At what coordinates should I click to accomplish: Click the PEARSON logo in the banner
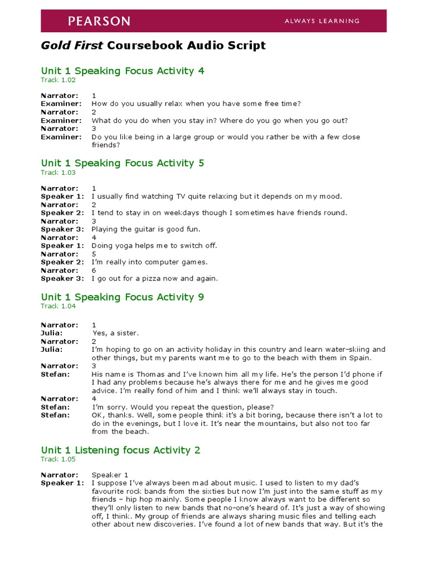(99, 21)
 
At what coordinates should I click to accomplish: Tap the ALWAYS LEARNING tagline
(322, 21)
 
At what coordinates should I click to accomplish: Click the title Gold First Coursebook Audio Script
(153, 46)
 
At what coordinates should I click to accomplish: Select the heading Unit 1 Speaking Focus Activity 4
(123, 71)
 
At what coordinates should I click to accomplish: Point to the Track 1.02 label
(58, 80)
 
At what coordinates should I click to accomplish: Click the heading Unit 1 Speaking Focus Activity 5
(123, 163)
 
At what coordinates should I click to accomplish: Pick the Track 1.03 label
(58, 173)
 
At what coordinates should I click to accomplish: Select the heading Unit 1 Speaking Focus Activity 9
(123, 297)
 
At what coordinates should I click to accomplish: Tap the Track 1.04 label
(58, 306)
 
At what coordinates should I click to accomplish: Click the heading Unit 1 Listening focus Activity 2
(120, 450)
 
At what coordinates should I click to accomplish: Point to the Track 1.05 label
(58, 459)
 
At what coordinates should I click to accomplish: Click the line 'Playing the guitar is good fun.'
(146, 229)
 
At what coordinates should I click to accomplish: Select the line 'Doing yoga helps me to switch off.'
(154, 245)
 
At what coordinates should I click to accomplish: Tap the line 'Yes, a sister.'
(115, 333)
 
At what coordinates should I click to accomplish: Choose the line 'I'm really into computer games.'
(149, 262)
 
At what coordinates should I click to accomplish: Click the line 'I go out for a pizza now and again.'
(155, 278)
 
